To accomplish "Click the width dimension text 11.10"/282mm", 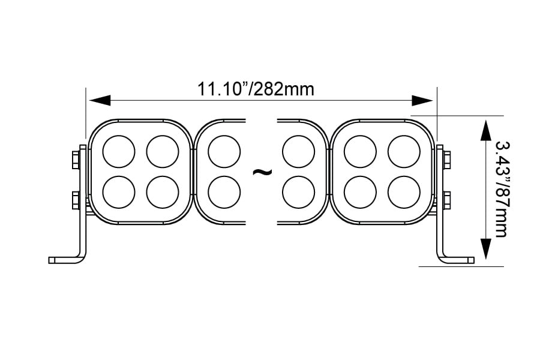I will point(256,89).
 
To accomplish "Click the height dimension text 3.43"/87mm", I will point(501,188).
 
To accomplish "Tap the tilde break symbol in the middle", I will point(262,172).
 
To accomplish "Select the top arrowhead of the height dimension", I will point(485,127).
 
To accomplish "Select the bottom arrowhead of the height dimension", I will point(485,251).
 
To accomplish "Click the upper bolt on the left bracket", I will point(76,159).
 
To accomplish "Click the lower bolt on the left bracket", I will point(76,200).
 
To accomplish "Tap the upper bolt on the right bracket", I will point(447,159).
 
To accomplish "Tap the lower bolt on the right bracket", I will point(447,200).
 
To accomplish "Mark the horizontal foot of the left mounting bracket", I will point(64,260).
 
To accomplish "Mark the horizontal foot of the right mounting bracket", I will point(459,260).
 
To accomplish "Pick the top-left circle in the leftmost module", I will point(119,151).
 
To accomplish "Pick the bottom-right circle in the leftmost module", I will point(163,192).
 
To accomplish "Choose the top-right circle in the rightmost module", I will point(404,151).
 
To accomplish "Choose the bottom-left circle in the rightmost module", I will point(360,192).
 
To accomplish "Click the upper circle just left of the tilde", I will point(224,151).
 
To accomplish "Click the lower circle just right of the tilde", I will point(298,192).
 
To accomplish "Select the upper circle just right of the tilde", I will point(298,151).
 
